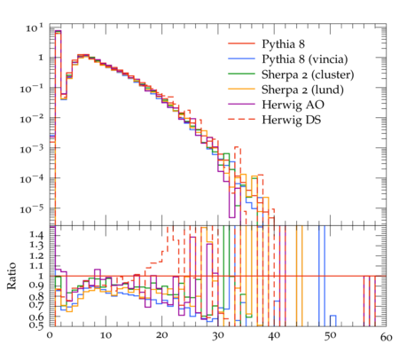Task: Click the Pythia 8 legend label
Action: tap(283, 44)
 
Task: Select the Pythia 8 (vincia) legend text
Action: tap(305, 59)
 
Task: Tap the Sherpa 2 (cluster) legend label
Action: tap(308, 74)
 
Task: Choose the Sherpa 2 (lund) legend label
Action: tap(302, 90)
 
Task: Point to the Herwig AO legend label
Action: tap(293, 105)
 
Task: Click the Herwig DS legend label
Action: tap(292, 120)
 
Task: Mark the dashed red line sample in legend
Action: tap(241, 119)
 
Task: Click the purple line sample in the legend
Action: tap(241, 104)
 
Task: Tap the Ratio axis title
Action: tap(12, 276)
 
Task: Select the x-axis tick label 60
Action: tap(386, 337)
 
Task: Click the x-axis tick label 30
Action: tap(218, 336)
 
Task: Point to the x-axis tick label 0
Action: tap(50, 336)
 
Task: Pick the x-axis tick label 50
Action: tap(330, 336)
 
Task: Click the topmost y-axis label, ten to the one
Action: tap(35, 28)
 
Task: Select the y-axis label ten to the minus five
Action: tap(32, 209)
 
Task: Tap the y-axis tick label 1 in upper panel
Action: tap(41, 58)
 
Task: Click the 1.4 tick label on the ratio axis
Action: tap(36, 236)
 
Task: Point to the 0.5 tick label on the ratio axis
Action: tap(36, 325)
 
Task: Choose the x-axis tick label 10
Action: tap(106, 336)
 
